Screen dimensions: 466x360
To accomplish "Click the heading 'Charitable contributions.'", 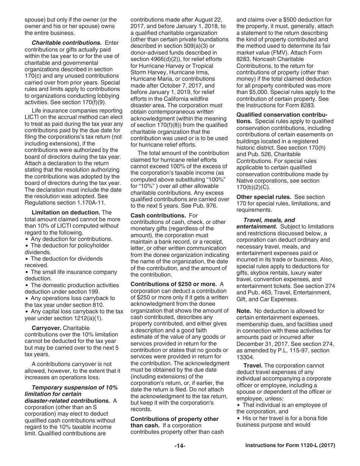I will pos(67,43).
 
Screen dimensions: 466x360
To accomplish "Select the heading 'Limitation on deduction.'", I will pos(66,213).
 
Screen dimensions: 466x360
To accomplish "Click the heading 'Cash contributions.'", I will pos(158,215).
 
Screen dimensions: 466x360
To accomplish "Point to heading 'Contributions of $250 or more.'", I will pos(174,284).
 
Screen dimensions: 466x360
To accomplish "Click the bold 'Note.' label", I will pos(244,311).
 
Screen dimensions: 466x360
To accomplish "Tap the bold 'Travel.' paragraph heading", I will pos(253,366).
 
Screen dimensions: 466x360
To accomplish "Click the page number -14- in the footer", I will pos(180,446).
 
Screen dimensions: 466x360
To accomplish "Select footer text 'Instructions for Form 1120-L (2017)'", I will pos(290,446).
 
